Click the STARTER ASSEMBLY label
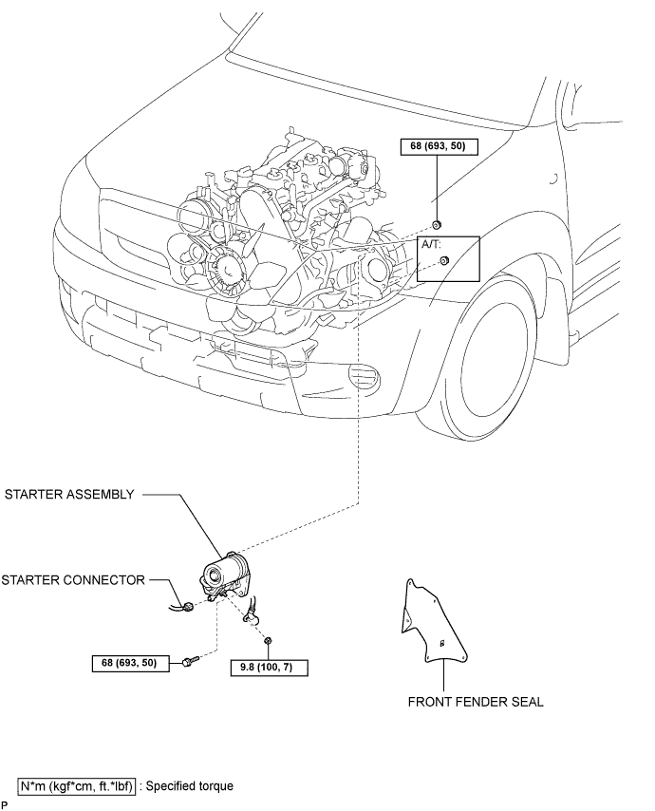pos(69,495)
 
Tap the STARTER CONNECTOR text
pos(73,580)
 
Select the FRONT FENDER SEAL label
pos(476,702)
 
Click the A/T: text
pos(431,244)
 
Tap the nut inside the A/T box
pos(443,260)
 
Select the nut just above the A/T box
pos(437,224)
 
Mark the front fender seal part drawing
pos(433,622)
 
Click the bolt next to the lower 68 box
pos(190,661)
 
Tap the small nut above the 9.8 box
pos(268,641)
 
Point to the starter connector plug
pos(188,606)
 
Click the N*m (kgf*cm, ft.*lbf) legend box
pos(77,786)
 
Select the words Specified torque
pos(190,786)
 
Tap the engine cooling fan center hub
pos(228,268)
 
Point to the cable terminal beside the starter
pos(251,614)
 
